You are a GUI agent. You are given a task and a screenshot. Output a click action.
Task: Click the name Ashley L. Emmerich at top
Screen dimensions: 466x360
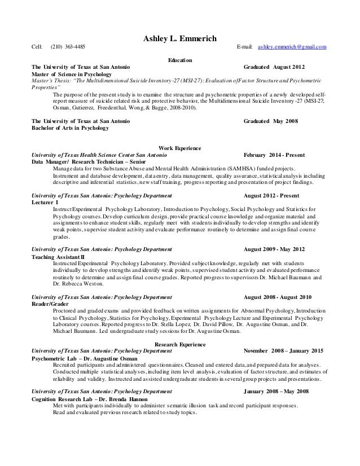click(179, 37)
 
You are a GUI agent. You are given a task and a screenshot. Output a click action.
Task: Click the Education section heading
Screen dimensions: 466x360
click(180, 60)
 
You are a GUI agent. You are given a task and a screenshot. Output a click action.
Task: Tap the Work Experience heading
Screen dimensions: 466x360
click(180, 148)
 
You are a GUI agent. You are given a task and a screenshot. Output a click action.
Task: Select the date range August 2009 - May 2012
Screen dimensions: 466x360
click(277, 249)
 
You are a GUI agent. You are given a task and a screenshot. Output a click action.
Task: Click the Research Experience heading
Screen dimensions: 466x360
click(180, 344)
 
